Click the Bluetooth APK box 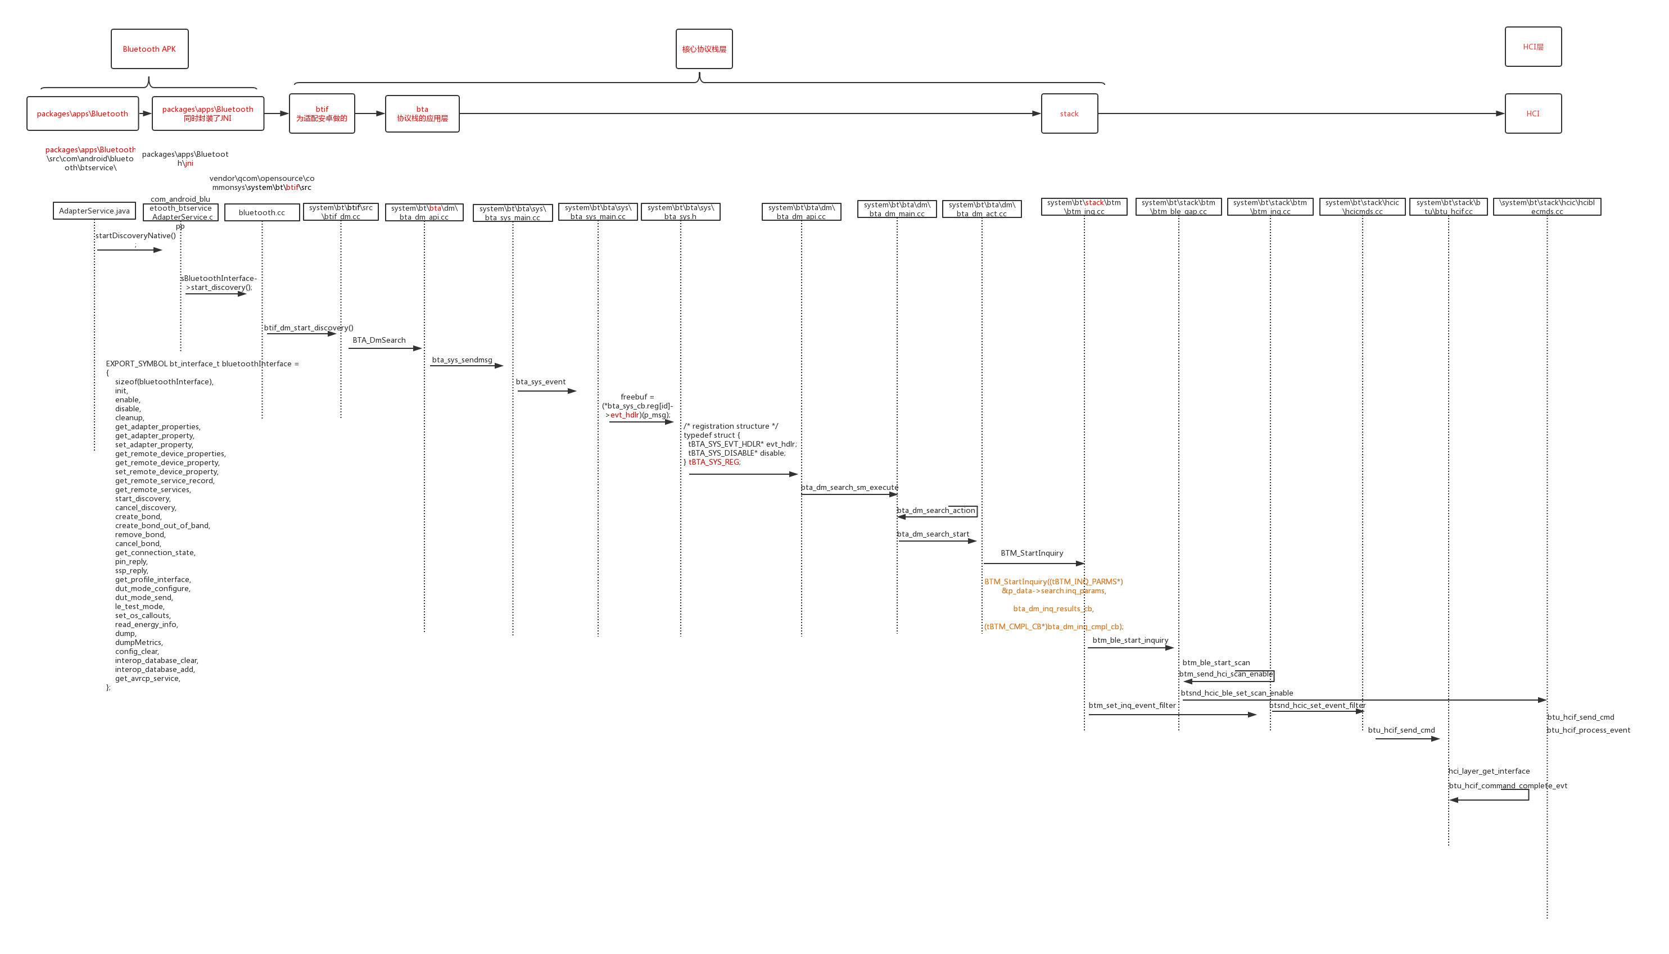pos(150,49)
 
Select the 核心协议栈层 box pos(704,49)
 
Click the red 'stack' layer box pos(1069,114)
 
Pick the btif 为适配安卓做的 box pos(322,114)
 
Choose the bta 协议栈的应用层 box pos(422,114)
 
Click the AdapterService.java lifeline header pos(94,211)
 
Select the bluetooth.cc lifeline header pos(261,212)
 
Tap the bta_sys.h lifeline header pos(680,212)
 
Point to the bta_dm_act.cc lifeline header pos(982,209)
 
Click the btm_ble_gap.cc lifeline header pos(1178,207)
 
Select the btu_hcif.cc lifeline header pos(1448,207)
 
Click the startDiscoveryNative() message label pos(135,236)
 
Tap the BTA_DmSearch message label pos(379,340)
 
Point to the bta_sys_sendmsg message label pos(462,360)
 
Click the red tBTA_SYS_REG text pos(714,462)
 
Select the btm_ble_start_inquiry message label pos(1130,640)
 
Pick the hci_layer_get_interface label pos(1489,771)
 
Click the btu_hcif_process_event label pos(1589,730)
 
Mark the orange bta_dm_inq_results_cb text pos(1053,608)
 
